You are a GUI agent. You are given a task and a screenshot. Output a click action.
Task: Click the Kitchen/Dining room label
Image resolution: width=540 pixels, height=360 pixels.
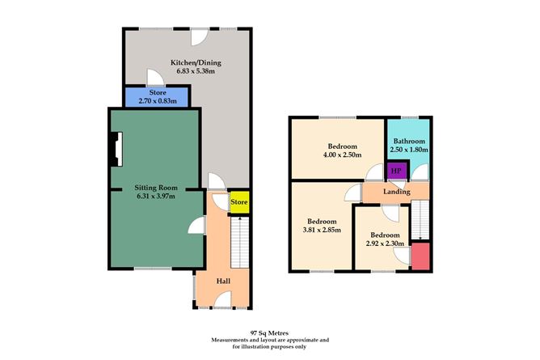(x=195, y=63)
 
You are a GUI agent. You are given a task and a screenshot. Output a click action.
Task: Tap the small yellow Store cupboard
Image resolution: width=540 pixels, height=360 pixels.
(x=239, y=202)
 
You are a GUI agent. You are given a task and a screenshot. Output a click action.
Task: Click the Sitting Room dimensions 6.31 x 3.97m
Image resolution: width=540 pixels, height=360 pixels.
(x=154, y=195)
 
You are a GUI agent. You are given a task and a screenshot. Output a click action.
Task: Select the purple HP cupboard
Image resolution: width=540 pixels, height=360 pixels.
(x=396, y=171)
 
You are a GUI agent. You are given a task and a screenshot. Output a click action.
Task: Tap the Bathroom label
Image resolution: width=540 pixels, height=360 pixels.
(x=410, y=141)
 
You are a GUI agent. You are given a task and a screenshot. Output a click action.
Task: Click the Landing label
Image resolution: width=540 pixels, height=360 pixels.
(x=397, y=192)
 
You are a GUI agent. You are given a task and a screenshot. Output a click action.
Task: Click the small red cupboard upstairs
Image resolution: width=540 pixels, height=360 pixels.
(x=420, y=256)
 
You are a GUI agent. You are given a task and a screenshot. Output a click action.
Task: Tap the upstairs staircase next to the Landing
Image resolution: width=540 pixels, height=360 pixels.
(x=420, y=220)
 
